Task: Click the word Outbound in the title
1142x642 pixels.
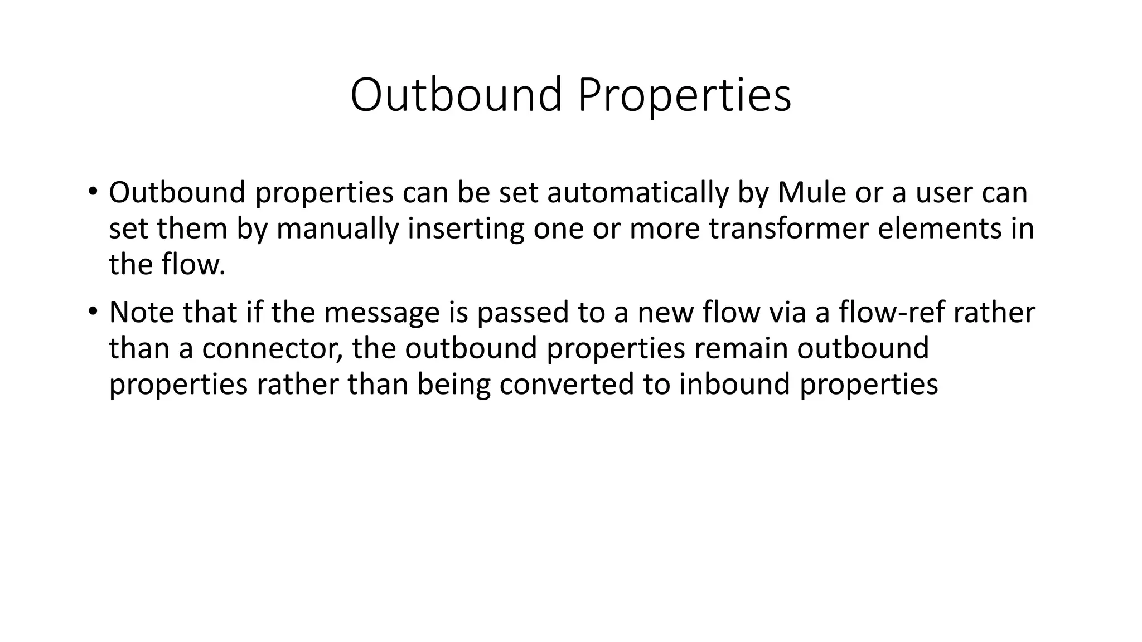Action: (456, 95)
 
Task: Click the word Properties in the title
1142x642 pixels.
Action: (684, 95)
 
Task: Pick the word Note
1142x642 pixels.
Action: (141, 312)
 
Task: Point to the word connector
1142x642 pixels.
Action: (272, 348)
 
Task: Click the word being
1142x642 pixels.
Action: (453, 385)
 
